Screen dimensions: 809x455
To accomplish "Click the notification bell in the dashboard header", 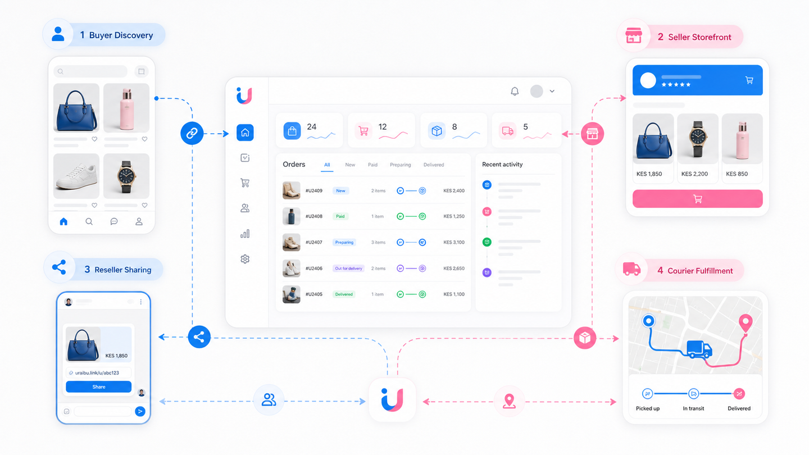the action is coord(515,92).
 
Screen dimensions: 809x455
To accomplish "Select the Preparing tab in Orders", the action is coord(400,165).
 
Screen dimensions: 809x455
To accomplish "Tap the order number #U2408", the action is coord(314,216).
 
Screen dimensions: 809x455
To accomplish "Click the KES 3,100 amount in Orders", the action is coord(454,242).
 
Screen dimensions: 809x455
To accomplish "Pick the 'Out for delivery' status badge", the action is coord(348,269).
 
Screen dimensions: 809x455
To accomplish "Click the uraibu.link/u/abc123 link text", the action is coord(97,372).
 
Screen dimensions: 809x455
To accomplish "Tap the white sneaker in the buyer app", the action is coord(76,176).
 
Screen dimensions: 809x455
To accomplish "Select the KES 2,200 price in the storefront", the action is coord(694,174).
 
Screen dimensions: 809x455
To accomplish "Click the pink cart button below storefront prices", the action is coord(697,199).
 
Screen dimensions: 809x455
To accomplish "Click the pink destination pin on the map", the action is coord(746,323).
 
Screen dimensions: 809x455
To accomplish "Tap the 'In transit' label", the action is coord(693,408).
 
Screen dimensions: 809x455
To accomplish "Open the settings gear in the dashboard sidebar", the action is coord(245,259).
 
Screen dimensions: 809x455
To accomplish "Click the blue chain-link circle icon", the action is coord(192,133).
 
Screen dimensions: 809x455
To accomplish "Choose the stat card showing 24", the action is coord(309,130).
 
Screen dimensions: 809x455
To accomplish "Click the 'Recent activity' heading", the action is coord(502,164).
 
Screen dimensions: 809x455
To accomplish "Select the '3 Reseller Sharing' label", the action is coord(118,270).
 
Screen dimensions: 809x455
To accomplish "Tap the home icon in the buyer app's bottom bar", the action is coord(63,221).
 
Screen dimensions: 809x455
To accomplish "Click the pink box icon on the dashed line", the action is coord(585,338).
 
